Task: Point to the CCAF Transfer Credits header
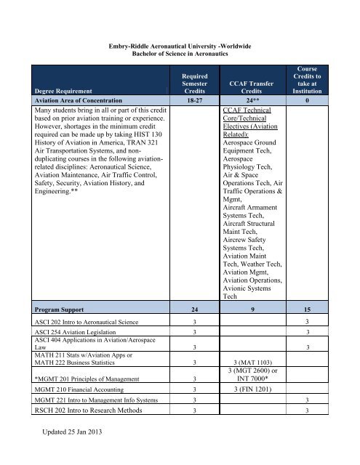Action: pyautogui.click(x=256, y=86)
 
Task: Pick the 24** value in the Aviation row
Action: pyautogui.click(x=256, y=100)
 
